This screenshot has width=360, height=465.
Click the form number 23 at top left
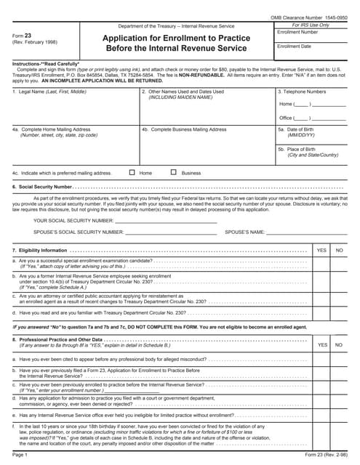(28, 36)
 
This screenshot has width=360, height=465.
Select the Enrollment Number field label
(297, 33)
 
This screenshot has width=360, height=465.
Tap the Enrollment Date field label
(294, 46)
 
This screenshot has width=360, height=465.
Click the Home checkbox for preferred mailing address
(132, 173)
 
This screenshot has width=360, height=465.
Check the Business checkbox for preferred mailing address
(174, 173)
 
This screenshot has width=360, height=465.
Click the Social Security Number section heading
(42, 187)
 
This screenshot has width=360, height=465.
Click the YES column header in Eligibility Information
(321, 250)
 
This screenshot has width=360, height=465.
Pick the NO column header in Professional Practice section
(338, 345)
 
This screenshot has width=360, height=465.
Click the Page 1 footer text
(20, 455)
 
